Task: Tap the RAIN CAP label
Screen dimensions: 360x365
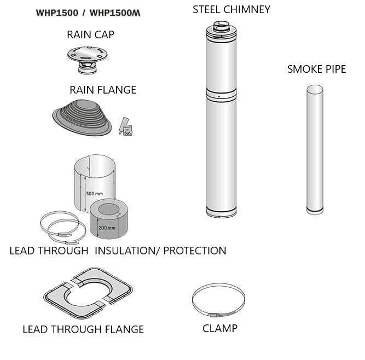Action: [90, 34]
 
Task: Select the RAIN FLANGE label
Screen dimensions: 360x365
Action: [103, 89]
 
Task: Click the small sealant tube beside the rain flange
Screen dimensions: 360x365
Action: [124, 123]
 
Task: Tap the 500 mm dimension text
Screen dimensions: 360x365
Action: [94, 194]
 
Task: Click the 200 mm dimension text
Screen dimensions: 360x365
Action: [107, 228]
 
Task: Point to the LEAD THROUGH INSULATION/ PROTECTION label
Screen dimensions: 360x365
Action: [118, 251]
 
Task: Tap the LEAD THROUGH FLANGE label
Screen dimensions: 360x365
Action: [83, 329]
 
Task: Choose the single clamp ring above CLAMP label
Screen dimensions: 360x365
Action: [218, 300]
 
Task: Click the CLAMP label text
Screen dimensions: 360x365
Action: [220, 328]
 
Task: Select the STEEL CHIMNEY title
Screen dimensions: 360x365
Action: [231, 9]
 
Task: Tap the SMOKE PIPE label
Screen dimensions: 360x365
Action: [317, 69]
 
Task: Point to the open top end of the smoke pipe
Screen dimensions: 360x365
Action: [315, 89]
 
